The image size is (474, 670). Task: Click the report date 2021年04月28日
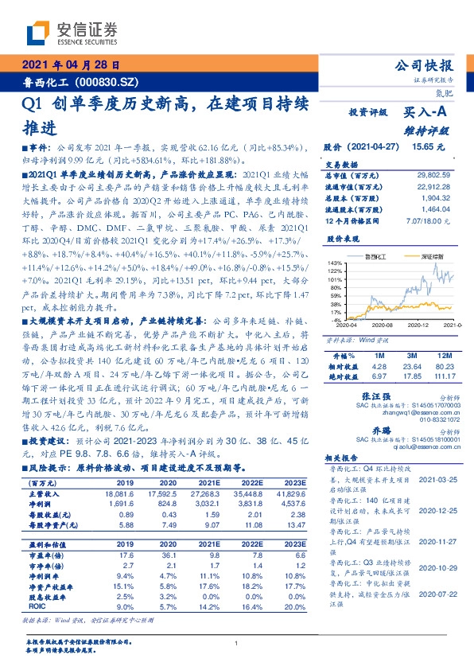pyautogui.click(x=70, y=66)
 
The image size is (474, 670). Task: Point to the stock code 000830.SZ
pyautogui.click(x=111, y=82)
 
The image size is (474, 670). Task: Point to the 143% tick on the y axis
pyautogui.click(x=335, y=263)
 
